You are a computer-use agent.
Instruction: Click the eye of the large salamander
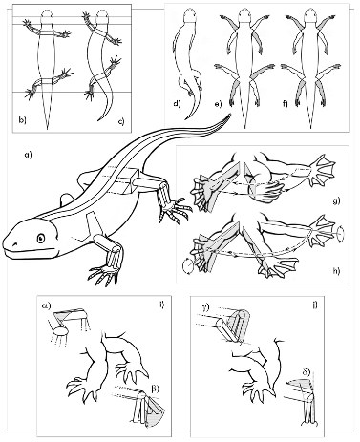(x=41, y=238)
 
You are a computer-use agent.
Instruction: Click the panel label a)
(x=28, y=155)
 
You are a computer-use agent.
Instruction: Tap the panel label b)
(x=22, y=120)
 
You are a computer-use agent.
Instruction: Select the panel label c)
(x=121, y=120)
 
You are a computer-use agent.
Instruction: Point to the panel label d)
(x=177, y=104)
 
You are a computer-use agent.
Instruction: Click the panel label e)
(x=218, y=104)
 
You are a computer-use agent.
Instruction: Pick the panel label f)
(x=285, y=104)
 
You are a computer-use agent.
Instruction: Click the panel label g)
(x=336, y=200)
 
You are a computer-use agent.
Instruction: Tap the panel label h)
(x=336, y=271)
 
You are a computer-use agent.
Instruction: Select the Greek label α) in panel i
(x=47, y=305)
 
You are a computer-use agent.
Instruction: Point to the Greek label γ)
(x=205, y=307)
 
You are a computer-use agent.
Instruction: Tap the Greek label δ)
(x=307, y=372)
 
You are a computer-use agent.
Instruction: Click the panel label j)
(x=315, y=305)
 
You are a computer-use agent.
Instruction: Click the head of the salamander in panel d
(x=190, y=15)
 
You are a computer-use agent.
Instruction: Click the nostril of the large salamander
(x=14, y=244)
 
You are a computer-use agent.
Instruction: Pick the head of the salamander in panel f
(x=310, y=15)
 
